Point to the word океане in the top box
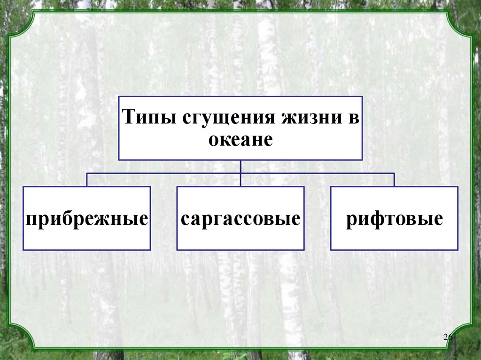(x=240, y=139)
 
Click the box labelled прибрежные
(x=87, y=218)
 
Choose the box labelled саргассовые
(x=240, y=218)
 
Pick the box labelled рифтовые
(x=394, y=218)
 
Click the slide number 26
(x=447, y=338)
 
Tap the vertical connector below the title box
(x=240, y=167)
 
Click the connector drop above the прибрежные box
(x=87, y=180)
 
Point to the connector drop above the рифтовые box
(x=394, y=180)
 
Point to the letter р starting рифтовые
(x=351, y=220)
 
